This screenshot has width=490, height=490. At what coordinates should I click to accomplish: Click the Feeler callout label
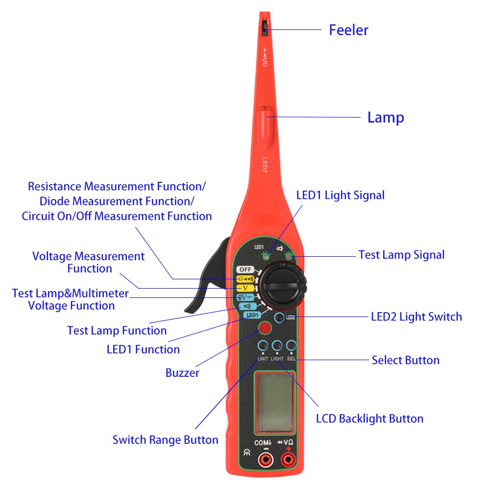point(348,30)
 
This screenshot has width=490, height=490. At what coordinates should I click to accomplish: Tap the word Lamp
point(386,118)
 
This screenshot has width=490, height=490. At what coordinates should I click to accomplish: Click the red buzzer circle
point(266,328)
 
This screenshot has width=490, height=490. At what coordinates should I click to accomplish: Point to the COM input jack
point(266,459)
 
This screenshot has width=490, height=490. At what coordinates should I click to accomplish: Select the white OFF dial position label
point(245,269)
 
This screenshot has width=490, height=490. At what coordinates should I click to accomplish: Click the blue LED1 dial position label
point(252,315)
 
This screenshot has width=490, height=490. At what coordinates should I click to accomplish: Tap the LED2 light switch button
point(280,317)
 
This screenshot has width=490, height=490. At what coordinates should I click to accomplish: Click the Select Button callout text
point(405,360)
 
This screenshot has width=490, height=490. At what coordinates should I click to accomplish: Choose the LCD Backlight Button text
point(369,418)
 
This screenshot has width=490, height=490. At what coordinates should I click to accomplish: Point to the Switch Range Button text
point(165,440)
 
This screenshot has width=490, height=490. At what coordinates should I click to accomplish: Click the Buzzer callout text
point(182,373)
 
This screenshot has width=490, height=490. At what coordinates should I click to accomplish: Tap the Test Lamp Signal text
point(401,255)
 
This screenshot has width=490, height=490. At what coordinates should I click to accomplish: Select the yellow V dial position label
point(245,288)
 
